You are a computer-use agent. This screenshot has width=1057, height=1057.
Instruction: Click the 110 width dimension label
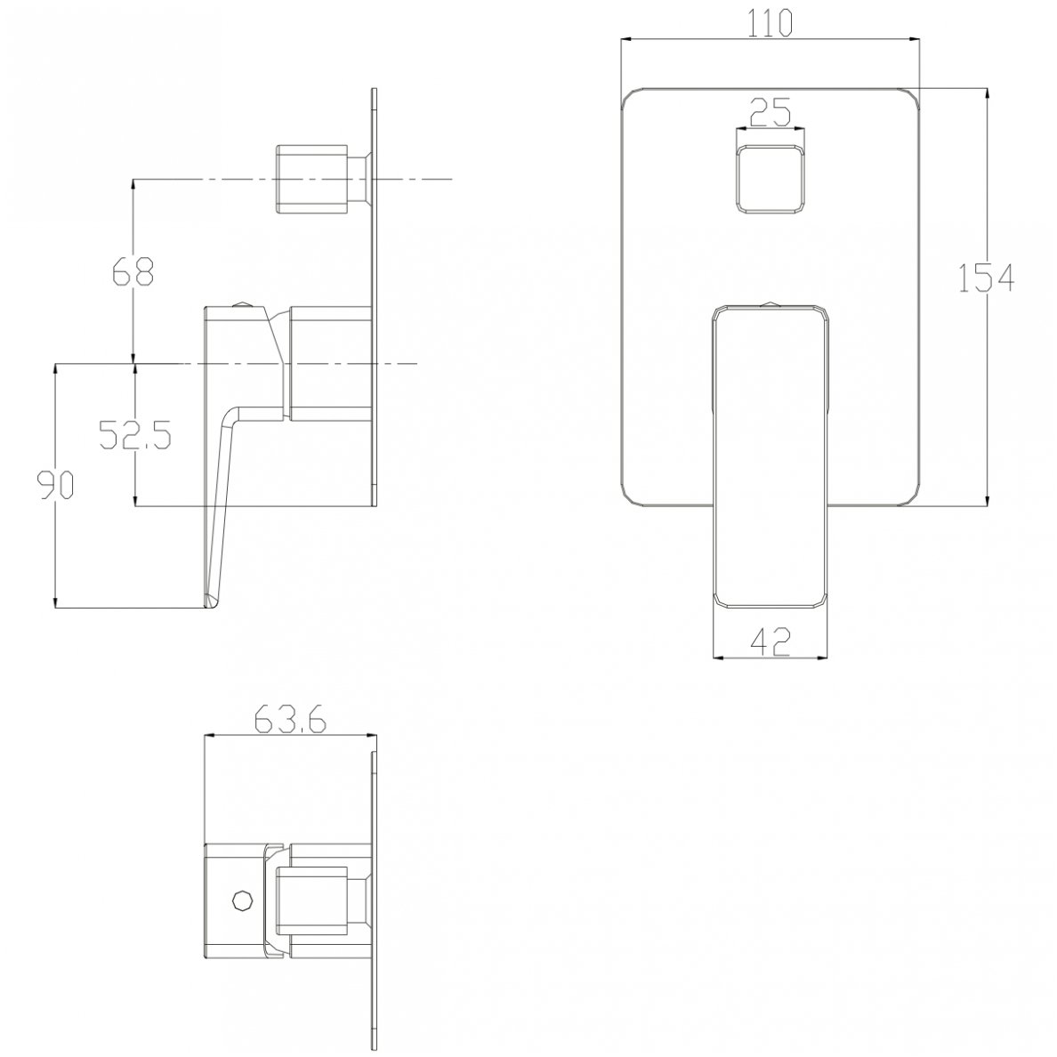(769, 24)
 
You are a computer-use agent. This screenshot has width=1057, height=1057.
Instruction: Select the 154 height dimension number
(986, 278)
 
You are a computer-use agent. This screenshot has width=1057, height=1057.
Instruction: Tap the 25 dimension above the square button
(769, 113)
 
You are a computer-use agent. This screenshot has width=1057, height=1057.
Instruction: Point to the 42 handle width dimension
(770, 641)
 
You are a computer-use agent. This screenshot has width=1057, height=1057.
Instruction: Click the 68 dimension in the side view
(133, 272)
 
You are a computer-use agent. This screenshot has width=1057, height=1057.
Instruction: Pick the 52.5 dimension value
(135, 435)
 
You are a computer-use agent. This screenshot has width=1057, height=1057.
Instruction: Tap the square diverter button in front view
(770, 181)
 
